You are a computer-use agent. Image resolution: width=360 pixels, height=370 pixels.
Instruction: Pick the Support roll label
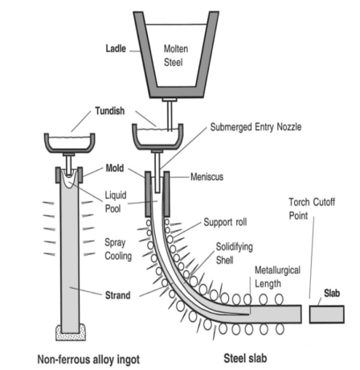tap(241, 219)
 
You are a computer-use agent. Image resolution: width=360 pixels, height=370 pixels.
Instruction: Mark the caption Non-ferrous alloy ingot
tap(81, 358)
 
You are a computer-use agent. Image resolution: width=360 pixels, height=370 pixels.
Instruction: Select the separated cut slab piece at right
tap(330, 314)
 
